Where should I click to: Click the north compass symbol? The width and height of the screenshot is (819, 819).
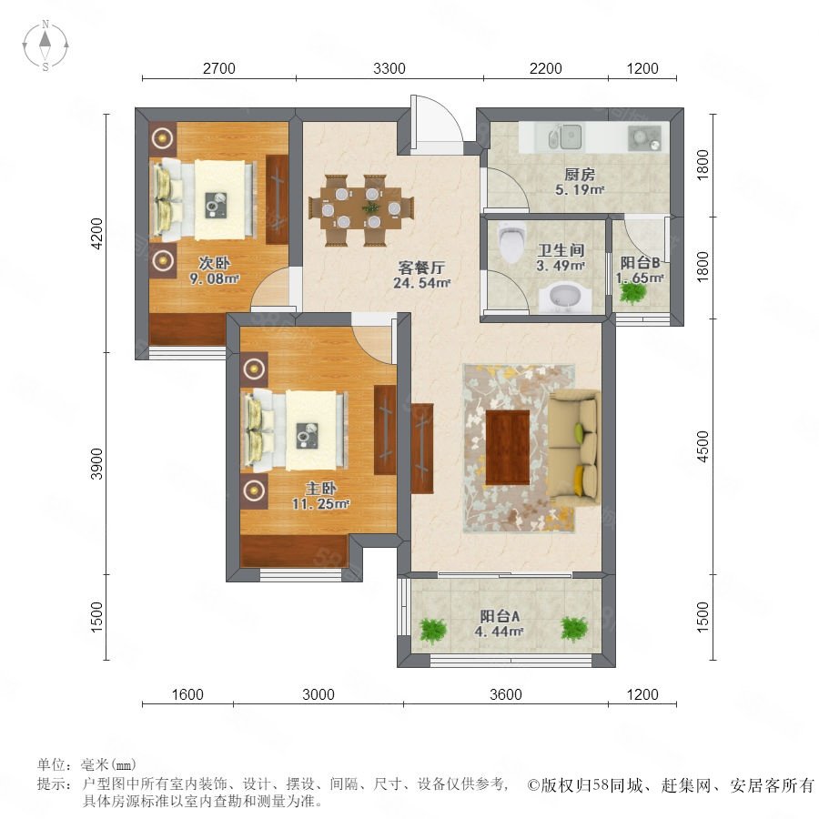click(x=45, y=45)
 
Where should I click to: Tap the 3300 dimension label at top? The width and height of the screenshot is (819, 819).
click(x=389, y=68)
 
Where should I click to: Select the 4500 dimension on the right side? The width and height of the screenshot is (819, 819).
click(x=703, y=446)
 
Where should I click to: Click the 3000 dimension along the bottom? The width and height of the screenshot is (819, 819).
click(x=318, y=694)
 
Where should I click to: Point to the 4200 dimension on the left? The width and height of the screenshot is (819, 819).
click(x=97, y=234)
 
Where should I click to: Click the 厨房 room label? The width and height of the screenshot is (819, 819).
click(x=580, y=174)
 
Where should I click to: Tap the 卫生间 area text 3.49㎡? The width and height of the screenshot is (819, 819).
click(x=561, y=266)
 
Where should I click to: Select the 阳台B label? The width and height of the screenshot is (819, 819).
click(x=640, y=262)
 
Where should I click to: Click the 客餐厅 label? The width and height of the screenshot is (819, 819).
click(x=421, y=268)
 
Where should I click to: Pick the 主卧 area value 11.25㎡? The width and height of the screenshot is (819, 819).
click(x=320, y=504)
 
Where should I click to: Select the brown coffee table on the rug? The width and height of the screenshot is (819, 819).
click(x=508, y=448)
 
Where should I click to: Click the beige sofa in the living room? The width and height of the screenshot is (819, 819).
click(x=573, y=448)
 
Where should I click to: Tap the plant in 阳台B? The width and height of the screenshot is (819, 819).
click(x=632, y=292)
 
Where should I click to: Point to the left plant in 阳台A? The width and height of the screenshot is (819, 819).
click(x=433, y=630)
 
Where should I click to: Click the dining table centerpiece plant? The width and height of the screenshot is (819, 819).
click(x=371, y=207)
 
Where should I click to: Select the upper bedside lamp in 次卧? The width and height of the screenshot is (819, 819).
click(x=163, y=138)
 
